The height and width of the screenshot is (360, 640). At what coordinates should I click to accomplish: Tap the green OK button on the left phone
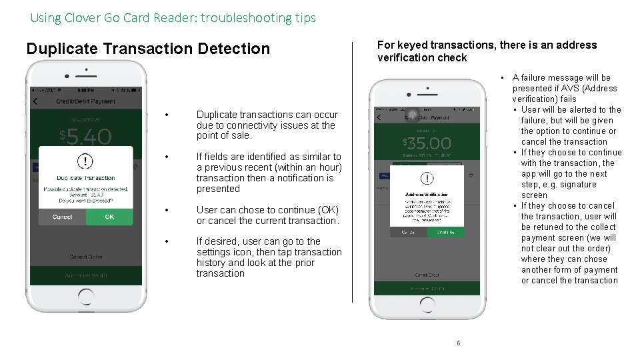(109, 217)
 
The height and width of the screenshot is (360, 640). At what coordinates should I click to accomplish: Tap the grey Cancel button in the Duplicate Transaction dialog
(62, 217)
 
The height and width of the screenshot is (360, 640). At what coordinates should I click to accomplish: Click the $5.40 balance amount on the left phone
(85, 137)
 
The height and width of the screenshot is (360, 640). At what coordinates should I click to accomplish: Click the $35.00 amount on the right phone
(427, 143)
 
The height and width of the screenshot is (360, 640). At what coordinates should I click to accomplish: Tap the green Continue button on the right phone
(445, 232)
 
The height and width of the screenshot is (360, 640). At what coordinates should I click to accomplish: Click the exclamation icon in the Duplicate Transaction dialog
(85, 161)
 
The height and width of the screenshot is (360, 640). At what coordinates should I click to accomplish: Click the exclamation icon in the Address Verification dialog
(427, 179)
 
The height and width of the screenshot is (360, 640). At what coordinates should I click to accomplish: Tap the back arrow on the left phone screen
(36, 102)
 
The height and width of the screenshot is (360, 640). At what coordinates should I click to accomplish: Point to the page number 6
(458, 343)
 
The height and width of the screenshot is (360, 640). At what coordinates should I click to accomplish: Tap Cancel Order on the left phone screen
(85, 257)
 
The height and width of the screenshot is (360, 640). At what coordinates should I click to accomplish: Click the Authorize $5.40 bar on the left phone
(85, 275)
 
